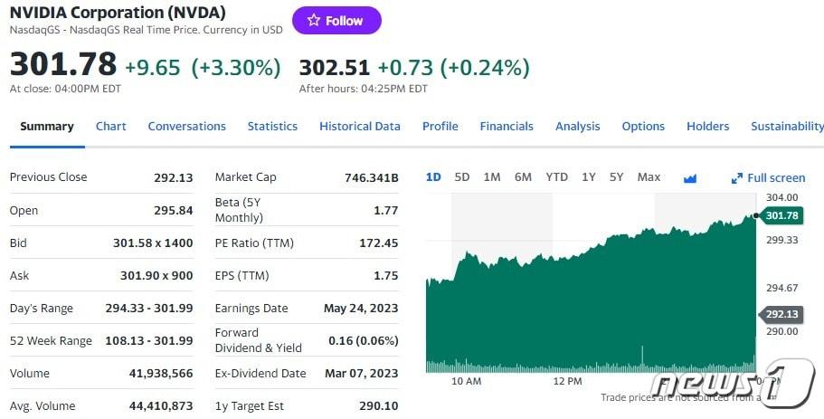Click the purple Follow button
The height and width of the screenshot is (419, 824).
[336, 21]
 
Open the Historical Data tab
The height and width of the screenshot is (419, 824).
[359, 127]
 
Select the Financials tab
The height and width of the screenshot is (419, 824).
[507, 127]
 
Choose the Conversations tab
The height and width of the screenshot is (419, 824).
[186, 127]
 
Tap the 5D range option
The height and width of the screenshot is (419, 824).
[462, 177]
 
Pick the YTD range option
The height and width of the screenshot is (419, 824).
[556, 177]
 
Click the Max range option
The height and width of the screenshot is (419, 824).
[649, 177]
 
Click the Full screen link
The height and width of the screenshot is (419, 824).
[769, 178]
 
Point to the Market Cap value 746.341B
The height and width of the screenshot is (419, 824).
[371, 177]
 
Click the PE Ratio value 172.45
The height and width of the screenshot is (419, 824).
[378, 243]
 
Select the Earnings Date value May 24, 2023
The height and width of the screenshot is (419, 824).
[361, 309]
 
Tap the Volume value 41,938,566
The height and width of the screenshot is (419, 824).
[161, 374]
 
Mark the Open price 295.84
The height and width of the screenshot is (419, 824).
[173, 211]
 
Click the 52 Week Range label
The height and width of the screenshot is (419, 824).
[51, 341]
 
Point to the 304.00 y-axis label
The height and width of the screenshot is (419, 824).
[781, 197]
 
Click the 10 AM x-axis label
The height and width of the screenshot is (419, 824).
[466, 381]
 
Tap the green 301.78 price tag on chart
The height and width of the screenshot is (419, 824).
[781, 215]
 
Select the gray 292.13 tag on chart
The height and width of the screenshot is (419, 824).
[781, 314]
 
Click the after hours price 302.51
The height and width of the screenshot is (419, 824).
[334, 68]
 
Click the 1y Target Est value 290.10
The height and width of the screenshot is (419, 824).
[378, 406]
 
